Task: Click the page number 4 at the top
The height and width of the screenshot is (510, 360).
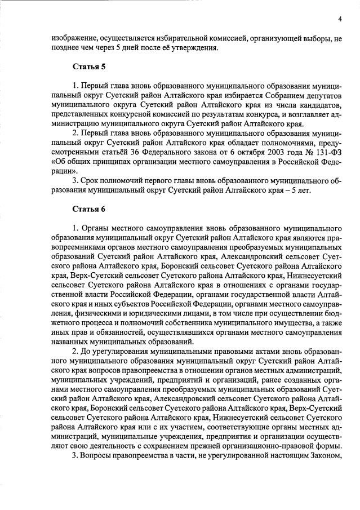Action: click(x=340, y=19)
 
